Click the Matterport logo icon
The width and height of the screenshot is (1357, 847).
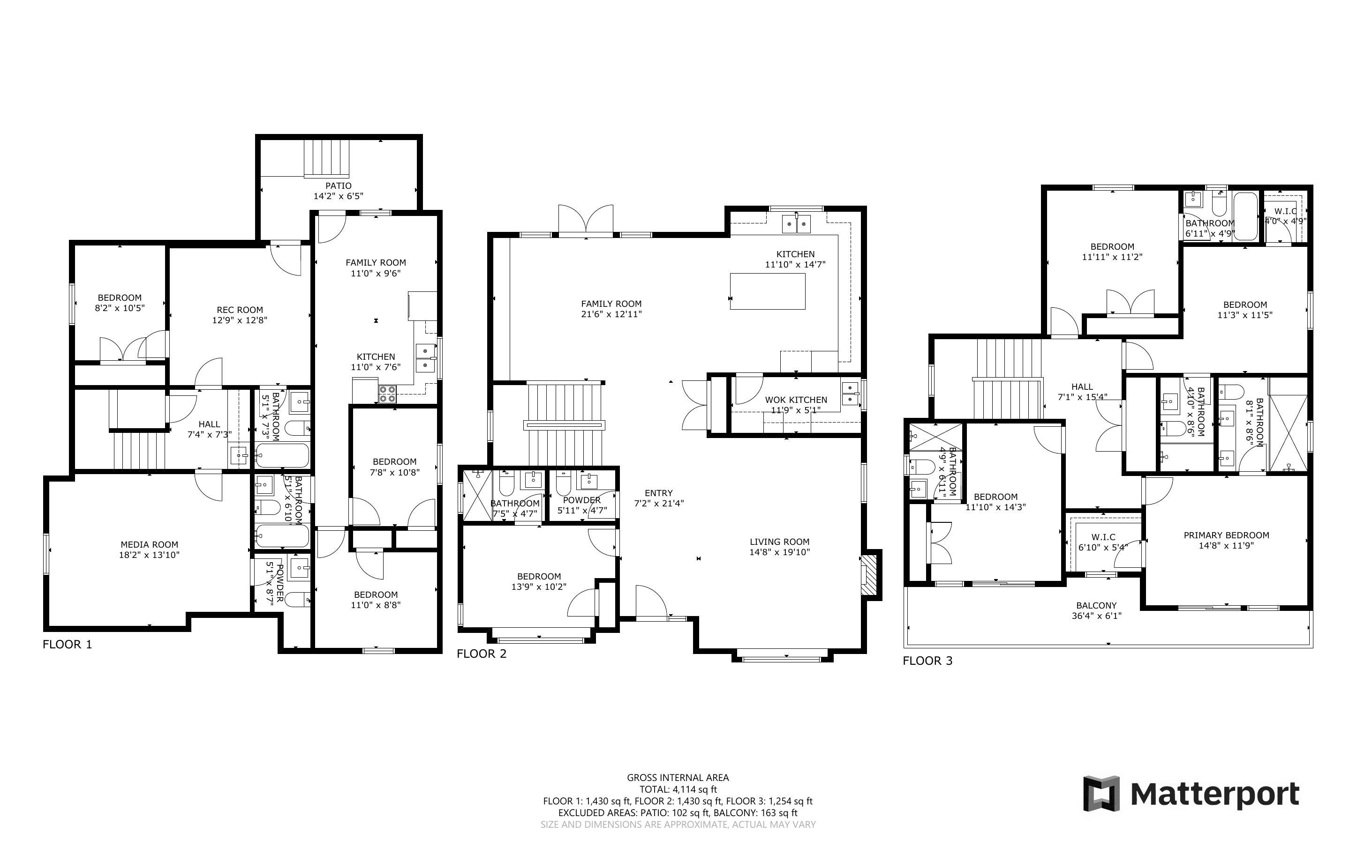[x=1101, y=793]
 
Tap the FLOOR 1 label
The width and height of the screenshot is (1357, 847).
[x=67, y=644]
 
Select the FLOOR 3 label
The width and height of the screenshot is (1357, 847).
[x=927, y=661]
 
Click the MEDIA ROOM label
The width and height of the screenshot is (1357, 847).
[x=150, y=544]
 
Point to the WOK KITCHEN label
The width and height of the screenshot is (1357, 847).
[x=796, y=400]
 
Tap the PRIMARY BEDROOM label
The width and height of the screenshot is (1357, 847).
[x=1226, y=535]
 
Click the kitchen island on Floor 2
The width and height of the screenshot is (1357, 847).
[x=767, y=291]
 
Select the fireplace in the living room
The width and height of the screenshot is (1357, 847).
[x=870, y=574]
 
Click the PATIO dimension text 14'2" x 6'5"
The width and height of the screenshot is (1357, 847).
[x=339, y=196]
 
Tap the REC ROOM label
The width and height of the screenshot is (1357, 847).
[x=240, y=310]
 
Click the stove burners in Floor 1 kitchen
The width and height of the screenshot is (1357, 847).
[x=387, y=394]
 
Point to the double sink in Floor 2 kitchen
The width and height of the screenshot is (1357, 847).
[x=797, y=223]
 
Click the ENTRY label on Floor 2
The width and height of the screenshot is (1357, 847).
[x=659, y=493]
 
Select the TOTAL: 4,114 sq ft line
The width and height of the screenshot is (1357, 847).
[x=678, y=790]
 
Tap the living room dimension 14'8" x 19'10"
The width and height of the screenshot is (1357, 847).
[x=780, y=552]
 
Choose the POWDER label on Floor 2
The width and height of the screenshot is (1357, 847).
[x=582, y=500]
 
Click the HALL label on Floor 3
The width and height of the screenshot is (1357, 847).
[x=1082, y=386]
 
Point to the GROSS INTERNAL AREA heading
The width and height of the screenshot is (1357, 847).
[x=678, y=778]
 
